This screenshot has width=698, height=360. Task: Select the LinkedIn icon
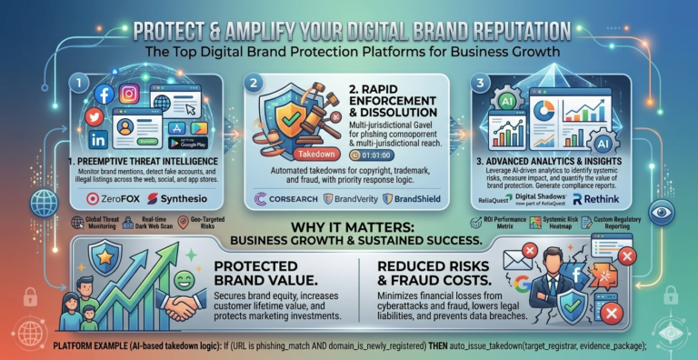point(97,138)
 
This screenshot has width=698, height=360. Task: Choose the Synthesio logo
point(184,197)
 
